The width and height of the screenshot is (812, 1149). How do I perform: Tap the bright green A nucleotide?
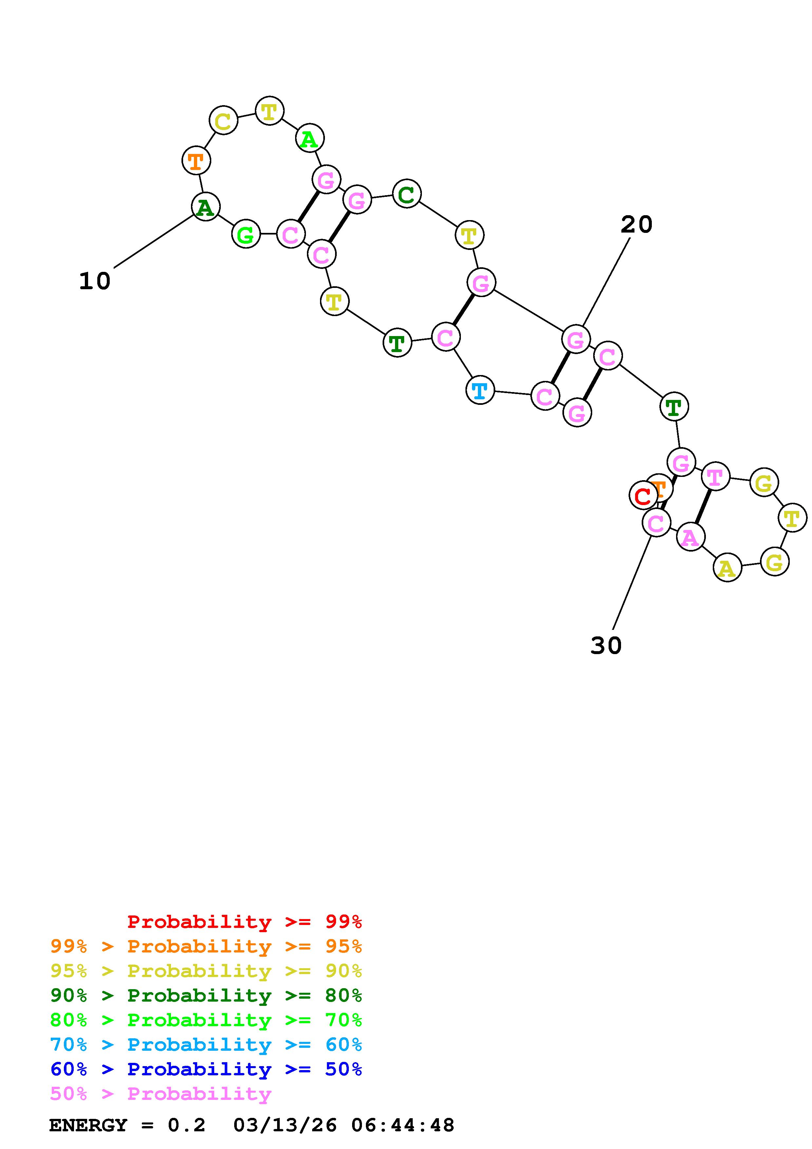pyautogui.click(x=310, y=139)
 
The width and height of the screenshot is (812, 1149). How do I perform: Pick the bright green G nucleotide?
pyautogui.click(x=246, y=234)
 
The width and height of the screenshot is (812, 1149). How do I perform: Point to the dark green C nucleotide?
pyautogui.click(x=407, y=194)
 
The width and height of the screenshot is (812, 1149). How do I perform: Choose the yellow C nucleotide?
pyautogui.click(x=223, y=120)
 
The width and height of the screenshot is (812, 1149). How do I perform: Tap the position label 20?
pyautogui.click(x=636, y=225)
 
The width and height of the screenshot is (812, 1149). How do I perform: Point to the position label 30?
pyautogui.click(x=606, y=646)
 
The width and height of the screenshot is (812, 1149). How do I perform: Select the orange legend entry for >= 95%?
pyautogui.click(x=206, y=946)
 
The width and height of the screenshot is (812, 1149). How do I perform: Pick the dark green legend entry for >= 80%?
pyautogui.click(x=206, y=995)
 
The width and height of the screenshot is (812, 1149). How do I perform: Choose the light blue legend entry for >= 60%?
pyautogui.click(x=206, y=1045)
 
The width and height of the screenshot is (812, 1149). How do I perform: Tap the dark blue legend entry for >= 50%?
pyautogui.click(x=206, y=1069)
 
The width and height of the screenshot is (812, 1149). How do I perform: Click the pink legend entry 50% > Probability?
pyautogui.click(x=161, y=1093)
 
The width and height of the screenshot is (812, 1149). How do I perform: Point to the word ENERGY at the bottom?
pyautogui.click(x=88, y=1125)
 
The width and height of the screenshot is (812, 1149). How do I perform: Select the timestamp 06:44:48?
pyautogui.click(x=403, y=1125)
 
